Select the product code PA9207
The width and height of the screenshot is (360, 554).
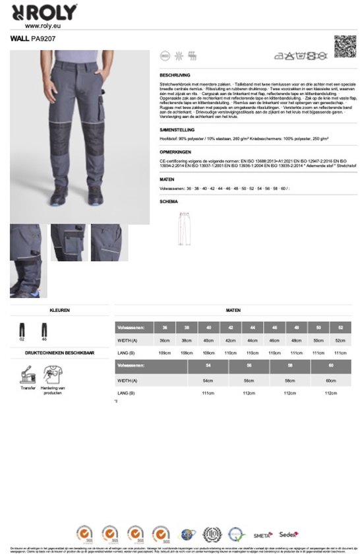coord(44,39)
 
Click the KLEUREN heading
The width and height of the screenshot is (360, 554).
coord(59,309)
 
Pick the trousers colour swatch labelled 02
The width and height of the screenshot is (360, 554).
coord(22,329)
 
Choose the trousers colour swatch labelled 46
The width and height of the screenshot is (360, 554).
coord(44,329)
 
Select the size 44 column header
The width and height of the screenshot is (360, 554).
coord(253,328)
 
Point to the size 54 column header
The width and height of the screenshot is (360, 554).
coord(208,365)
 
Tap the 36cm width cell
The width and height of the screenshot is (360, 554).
coord(164,340)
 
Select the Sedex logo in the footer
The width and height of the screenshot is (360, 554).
coord(288,534)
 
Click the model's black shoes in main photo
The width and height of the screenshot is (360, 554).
coord(76,195)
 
